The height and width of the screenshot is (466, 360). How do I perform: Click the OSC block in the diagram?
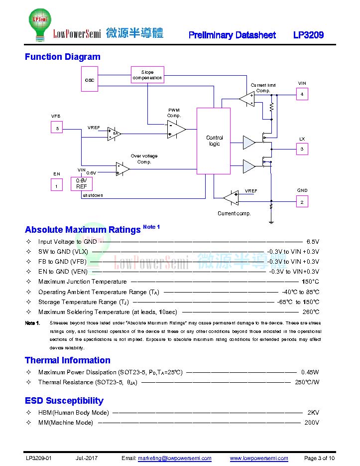point(90,79)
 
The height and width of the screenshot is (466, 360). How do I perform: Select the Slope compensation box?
point(147,75)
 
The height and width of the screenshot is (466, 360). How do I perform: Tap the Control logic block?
point(214,141)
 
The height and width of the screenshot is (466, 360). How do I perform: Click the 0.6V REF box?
point(81,184)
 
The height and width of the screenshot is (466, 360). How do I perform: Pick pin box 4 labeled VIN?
point(302,94)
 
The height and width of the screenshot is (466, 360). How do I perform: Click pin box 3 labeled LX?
point(302,149)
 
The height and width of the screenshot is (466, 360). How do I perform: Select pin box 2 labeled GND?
point(302,202)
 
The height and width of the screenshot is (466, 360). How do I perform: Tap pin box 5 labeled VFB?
point(57,127)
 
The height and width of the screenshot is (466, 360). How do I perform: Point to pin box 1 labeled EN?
point(57,184)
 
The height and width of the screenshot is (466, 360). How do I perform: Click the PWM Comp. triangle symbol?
point(176,130)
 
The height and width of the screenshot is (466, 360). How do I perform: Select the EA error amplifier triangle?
point(114,134)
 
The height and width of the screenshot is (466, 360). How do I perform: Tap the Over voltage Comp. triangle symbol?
point(122,169)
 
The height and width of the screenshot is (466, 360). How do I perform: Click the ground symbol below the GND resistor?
point(271,221)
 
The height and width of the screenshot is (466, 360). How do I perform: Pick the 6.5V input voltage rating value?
point(313,242)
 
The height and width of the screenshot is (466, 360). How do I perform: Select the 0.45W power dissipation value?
point(310,372)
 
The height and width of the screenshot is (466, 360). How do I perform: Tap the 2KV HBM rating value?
point(313,413)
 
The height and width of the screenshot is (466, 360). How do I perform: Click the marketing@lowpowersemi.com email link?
point(175,458)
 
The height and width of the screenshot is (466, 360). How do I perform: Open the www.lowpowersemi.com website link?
point(259,458)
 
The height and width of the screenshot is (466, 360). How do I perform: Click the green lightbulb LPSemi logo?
point(40,24)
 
